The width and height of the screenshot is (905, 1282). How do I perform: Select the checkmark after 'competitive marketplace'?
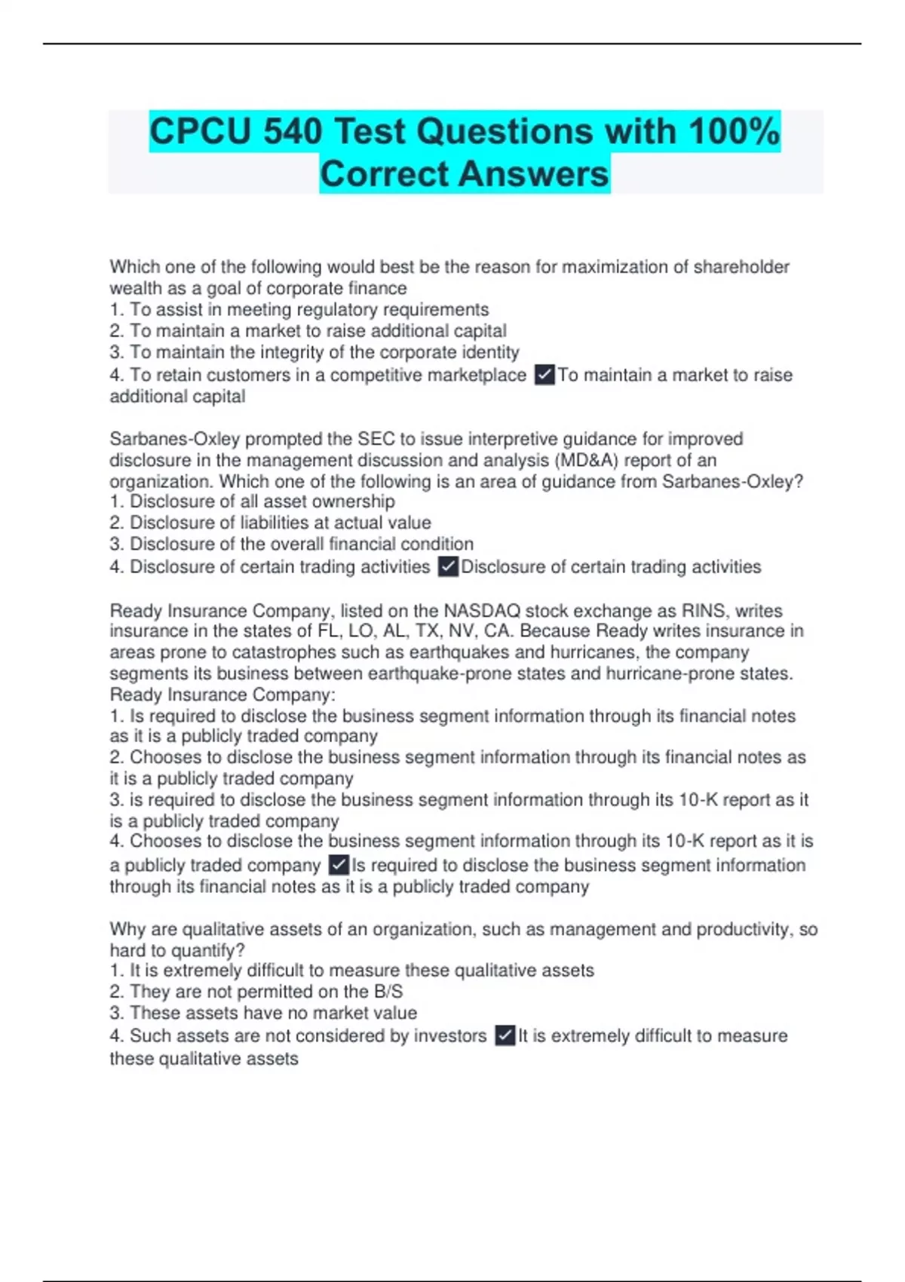544,375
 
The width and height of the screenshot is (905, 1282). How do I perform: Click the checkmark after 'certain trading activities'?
448,566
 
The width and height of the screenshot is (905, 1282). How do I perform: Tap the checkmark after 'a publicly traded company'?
339,865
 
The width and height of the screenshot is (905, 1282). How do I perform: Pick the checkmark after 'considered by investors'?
505,1035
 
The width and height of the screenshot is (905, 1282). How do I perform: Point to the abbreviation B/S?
388,992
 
